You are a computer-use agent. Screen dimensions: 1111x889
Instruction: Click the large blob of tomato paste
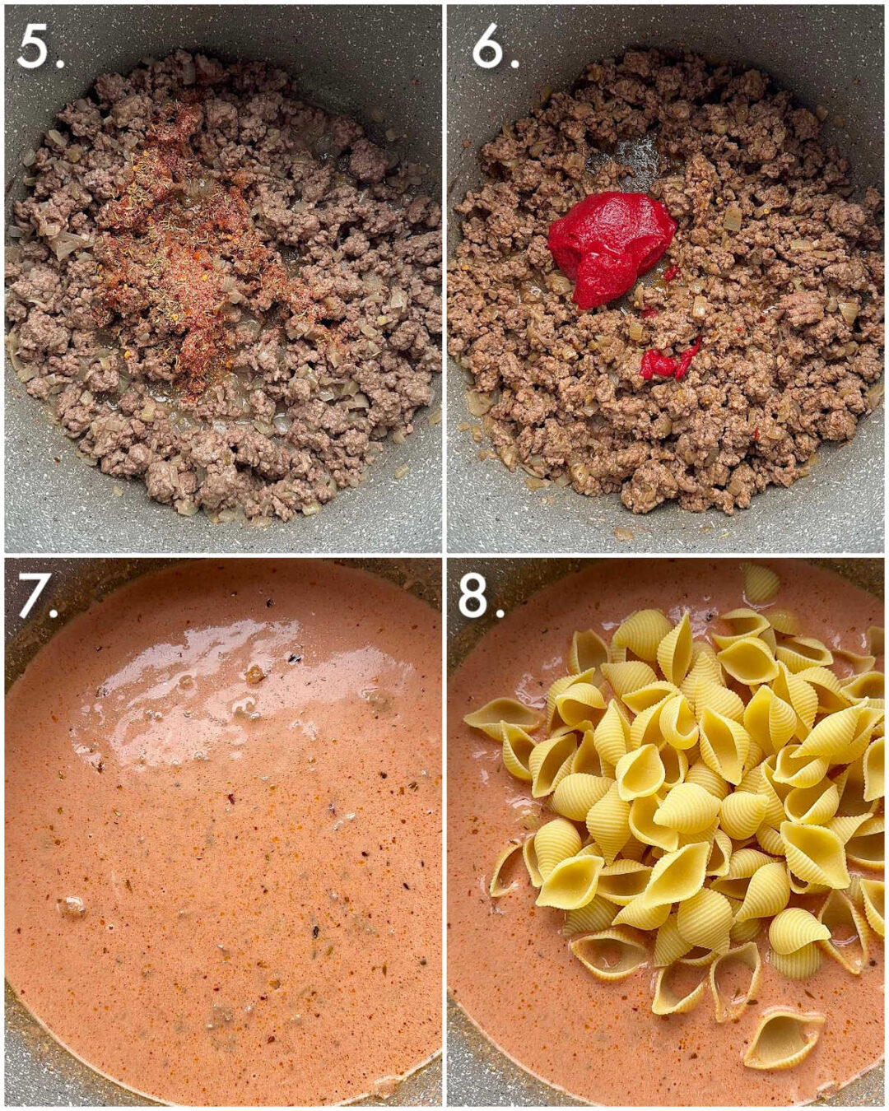tap(609, 243)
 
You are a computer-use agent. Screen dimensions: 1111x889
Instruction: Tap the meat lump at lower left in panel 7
tap(71, 907)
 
